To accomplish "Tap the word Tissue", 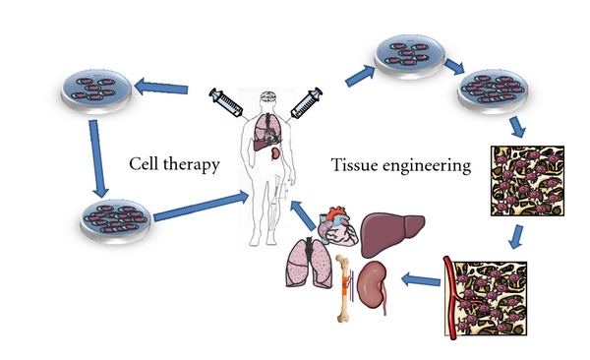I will (x=358, y=168).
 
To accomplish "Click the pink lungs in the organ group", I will (x=301, y=270).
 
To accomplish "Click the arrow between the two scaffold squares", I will (x=517, y=236).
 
